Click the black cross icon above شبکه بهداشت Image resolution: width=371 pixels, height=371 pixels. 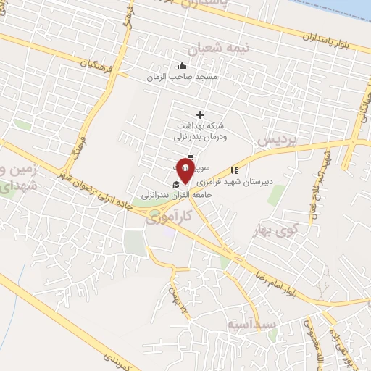tap(201, 114)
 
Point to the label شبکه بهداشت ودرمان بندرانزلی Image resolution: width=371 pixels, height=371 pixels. tap(201, 130)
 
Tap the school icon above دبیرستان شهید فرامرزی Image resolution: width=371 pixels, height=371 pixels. tap(233, 171)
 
